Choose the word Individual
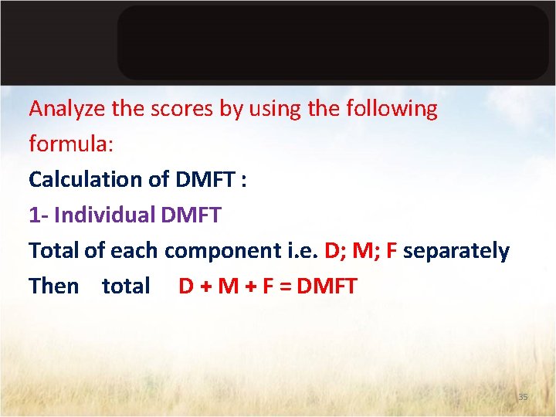(x=106, y=215)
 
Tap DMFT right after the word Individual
(x=192, y=215)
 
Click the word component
(x=218, y=251)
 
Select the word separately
(x=456, y=251)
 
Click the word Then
(x=54, y=286)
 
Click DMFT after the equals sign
(x=327, y=286)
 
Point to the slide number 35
(x=523, y=397)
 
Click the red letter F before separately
(x=392, y=250)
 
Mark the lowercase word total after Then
(x=126, y=286)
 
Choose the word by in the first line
(x=230, y=110)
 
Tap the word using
(x=274, y=110)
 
